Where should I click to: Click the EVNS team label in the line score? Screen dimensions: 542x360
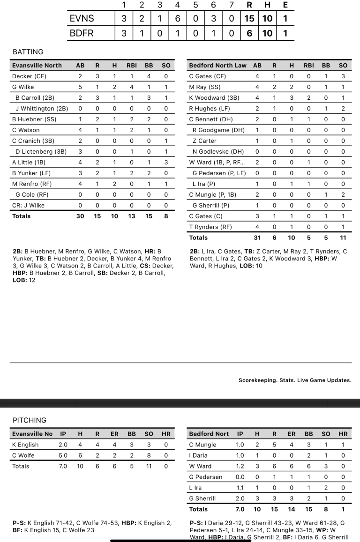[82, 19]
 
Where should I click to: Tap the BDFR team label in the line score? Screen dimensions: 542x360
[82, 34]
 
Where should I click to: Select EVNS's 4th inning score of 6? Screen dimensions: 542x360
[178, 19]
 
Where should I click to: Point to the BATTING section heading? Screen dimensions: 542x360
[28, 52]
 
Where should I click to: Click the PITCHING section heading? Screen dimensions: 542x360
[30, 420]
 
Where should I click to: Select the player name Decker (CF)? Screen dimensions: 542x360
[29, 76]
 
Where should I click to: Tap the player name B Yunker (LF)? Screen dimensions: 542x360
[31, 173]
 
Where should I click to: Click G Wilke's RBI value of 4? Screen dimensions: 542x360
[132, 87]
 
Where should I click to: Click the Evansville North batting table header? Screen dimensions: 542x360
[37, 66]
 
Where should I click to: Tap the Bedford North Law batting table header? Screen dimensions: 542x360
[217, 66]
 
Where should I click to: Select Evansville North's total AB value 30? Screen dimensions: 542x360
[80, 216]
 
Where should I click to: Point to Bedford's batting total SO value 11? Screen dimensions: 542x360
[343, 238]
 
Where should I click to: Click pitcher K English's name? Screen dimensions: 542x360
[25, 445]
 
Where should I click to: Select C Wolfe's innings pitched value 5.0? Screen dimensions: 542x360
[63, 455]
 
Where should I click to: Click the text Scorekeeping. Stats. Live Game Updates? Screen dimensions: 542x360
[295, 380]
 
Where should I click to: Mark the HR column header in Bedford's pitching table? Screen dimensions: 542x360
[343, 434]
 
